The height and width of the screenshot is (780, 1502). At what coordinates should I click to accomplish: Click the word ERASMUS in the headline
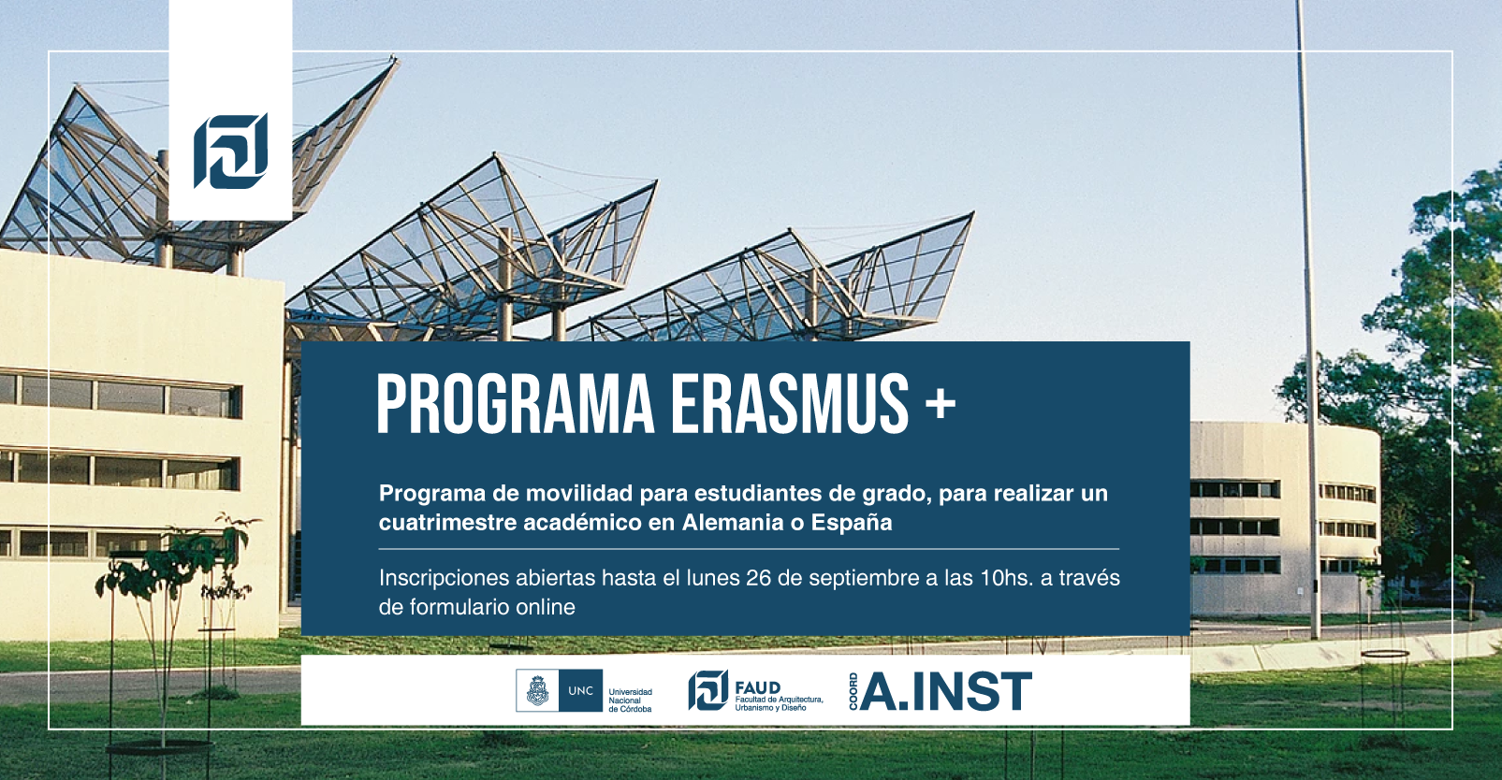pyautogui.click(x=789, y=403)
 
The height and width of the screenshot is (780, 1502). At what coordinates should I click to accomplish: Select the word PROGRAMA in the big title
pyautogui.click(x=515, y=403)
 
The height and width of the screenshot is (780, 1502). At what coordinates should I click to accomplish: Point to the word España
pyautogui.click(x=852, y=524)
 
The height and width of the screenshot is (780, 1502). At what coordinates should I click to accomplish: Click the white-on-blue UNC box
pyautogui.click(x=581, y=690)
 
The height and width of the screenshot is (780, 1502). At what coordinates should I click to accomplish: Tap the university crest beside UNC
pyautogui.click(x=537, y=690)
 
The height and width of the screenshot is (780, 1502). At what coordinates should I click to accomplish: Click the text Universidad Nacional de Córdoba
pyautogui.click(x=631, y=701)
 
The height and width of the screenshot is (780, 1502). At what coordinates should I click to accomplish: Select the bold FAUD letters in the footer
pyautogui.click(x=758, y=687)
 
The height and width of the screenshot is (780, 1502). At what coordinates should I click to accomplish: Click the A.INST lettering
pyautogui.click(x=945, y=691)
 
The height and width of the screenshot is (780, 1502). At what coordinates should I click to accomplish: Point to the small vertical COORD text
pyautogui.click(x=853, y=691)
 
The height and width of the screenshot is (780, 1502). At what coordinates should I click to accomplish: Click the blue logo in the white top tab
pyautogui.click(x=230, y=151)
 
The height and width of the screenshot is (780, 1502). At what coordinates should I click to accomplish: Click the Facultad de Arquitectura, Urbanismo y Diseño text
pyautogui.click(x=780, y=703)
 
